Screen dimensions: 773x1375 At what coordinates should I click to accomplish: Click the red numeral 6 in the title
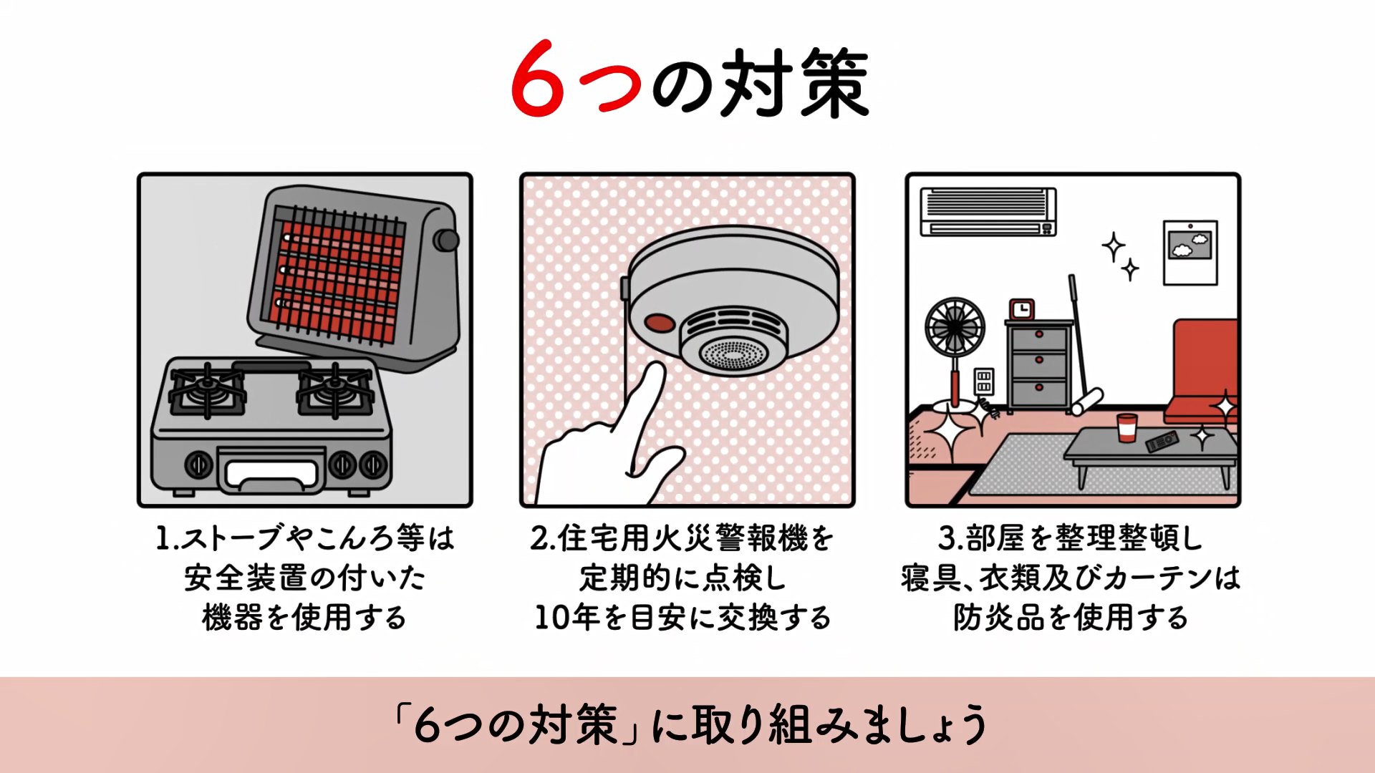[x=538, y=79]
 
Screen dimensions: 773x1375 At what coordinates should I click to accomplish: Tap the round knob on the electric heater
[x=447, y=240]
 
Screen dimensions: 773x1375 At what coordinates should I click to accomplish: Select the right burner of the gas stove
[x=334, y=389]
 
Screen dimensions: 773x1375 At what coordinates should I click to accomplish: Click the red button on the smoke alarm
[x=659, y=323]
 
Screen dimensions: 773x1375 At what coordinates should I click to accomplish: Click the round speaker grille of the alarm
[x=732, y=353]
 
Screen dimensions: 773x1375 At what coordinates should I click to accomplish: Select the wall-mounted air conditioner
[x=988, y=211]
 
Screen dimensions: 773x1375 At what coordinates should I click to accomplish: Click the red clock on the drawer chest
[x=1021, y=309]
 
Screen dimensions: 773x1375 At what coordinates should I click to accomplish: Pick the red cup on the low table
[x=1126, y=428]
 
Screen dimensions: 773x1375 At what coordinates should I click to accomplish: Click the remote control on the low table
[x=1161, y=441]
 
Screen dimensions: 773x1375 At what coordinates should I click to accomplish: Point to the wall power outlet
[x=984, y=381]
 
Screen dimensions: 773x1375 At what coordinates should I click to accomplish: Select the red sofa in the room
[x=1204, y=372]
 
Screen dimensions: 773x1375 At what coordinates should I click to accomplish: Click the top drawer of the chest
[x=1039, y=336]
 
